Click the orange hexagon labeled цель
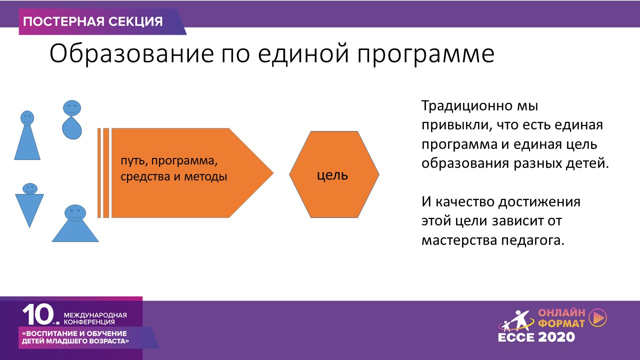coord(334,174)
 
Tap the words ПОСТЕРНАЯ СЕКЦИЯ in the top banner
coord(93,21)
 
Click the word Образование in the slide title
coord(131,53)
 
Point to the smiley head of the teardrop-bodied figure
coord(72,108)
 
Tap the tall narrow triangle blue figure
coord(27,135)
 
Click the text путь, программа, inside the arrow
coord(169,161)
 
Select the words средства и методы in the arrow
coord(173,176)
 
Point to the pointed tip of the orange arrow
coord(273,173)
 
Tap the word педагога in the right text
coord(533,240)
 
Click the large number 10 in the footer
coord(38,314)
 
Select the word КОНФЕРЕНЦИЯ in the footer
coord(89,322)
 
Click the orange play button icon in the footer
coord(598,317)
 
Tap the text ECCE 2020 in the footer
coord(536,337)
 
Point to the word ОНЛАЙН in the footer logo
coord(561,313)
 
